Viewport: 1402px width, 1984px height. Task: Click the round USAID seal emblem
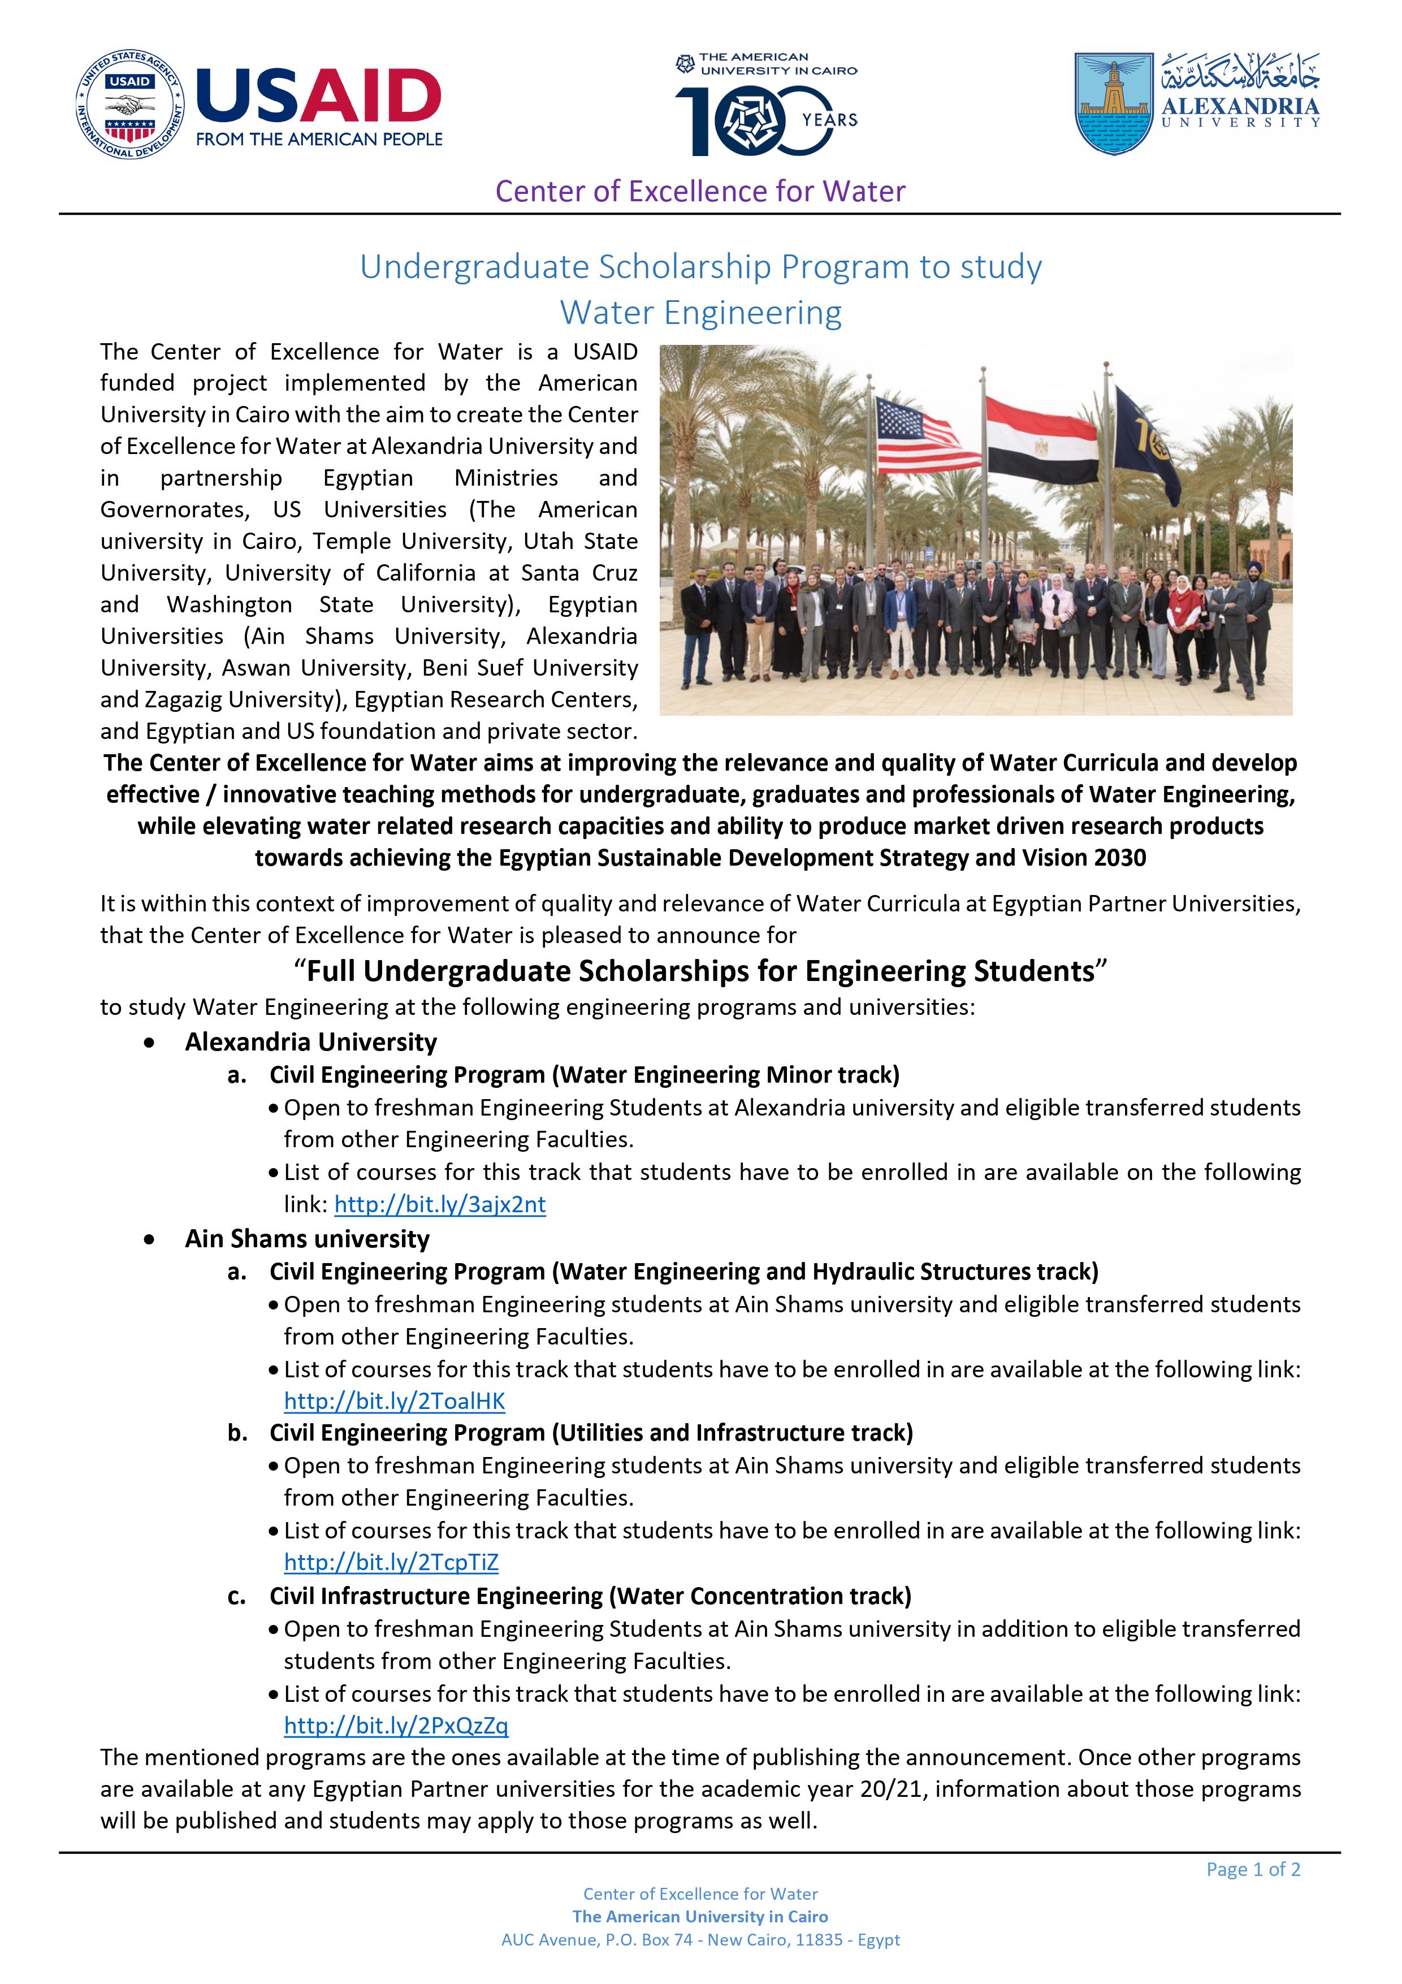129,105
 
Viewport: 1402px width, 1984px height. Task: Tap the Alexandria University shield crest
1114,103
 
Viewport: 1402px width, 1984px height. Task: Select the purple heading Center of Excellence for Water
700,191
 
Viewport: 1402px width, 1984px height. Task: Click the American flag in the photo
916,435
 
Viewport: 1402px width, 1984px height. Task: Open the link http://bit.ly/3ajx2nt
440,1204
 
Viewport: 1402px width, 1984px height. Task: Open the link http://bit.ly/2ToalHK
395,1402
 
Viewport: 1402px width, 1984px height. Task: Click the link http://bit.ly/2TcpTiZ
391,1562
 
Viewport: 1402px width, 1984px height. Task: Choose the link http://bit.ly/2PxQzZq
396,1726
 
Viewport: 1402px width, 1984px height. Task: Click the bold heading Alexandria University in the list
311,1042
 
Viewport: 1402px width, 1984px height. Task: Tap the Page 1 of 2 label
1253,1869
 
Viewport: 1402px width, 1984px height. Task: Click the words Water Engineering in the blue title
700,313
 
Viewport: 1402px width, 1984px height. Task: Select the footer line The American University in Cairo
700,1917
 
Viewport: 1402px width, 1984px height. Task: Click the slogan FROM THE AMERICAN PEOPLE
319,139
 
